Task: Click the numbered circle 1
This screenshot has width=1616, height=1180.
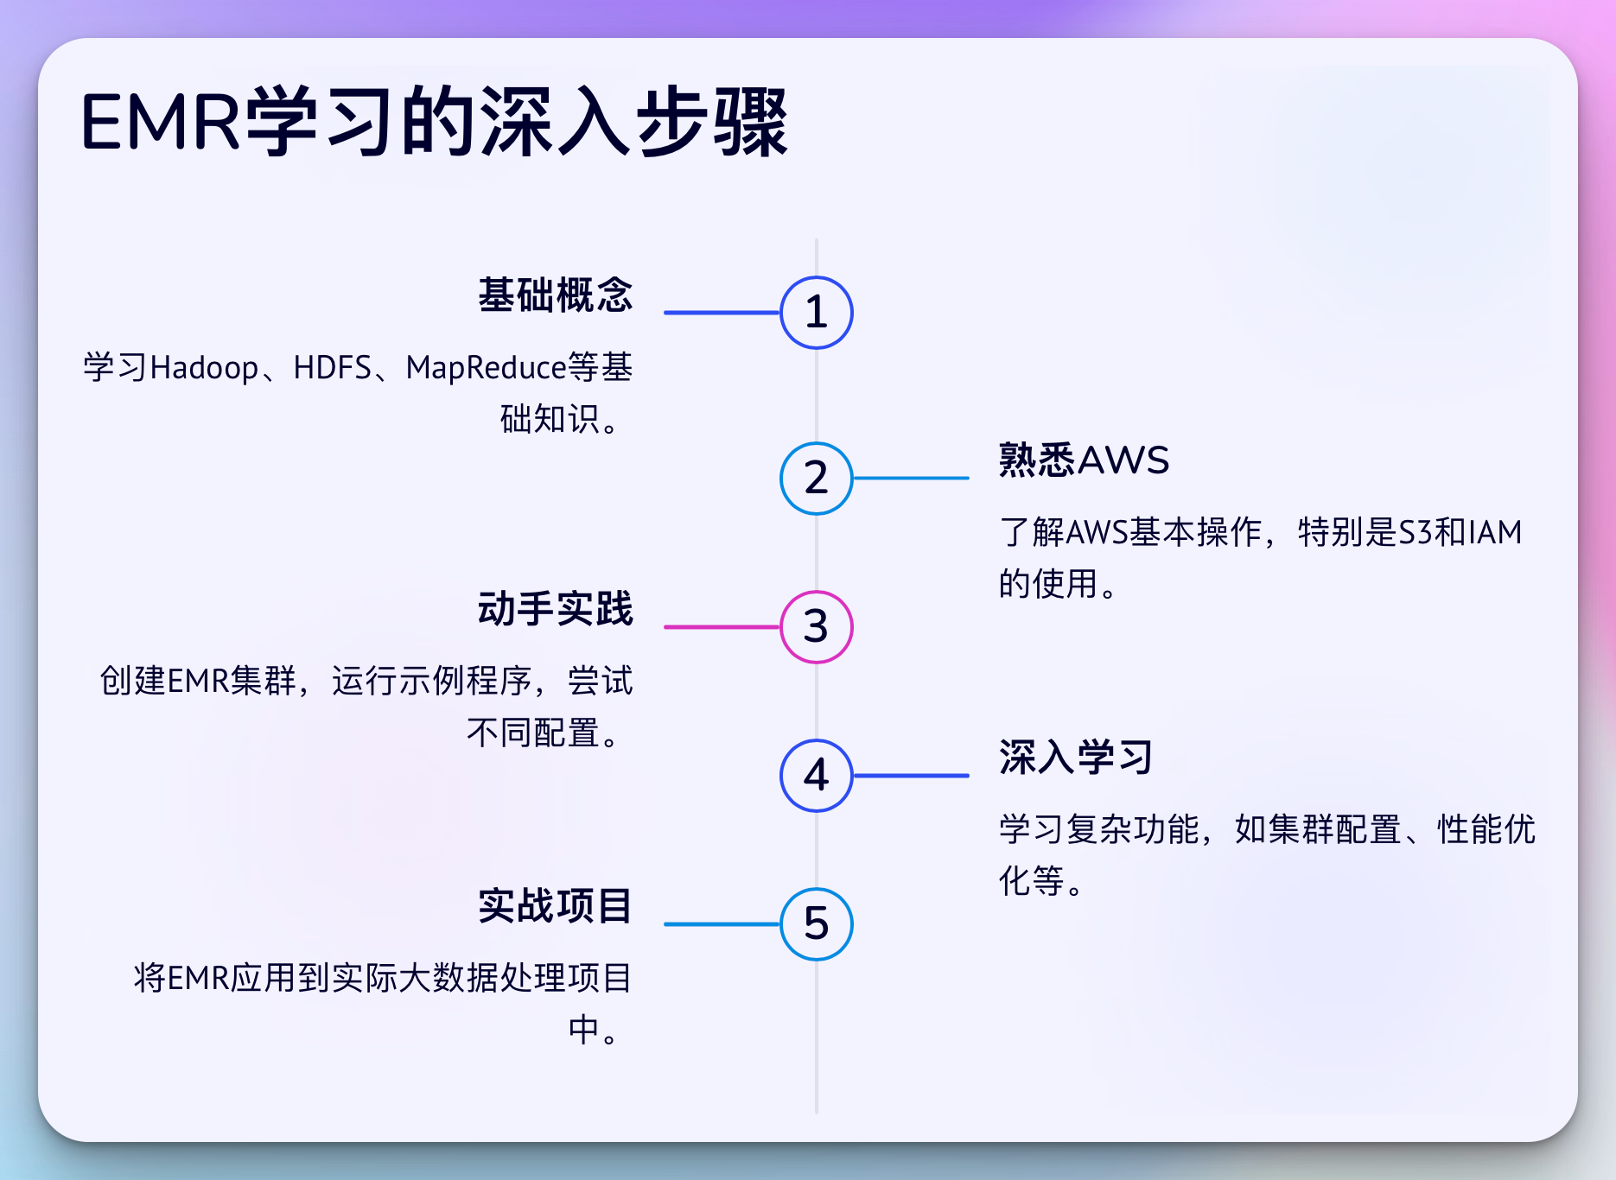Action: [x=816, y=313]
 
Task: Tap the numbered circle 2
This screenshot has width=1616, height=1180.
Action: [x=816, y=479]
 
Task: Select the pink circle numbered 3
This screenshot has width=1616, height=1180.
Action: [x=816, y=627]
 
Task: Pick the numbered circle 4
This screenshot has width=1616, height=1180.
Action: [x=816, y=776]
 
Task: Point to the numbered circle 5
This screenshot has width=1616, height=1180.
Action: [x=816, y=924]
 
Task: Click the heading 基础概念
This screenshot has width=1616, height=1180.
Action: [x=556, y=295]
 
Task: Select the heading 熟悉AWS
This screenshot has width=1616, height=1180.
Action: [x=1084, y=460]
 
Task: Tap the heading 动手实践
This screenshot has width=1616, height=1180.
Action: [x=556, y=609]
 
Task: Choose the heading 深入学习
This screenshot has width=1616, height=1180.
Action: [x=1076, y=758]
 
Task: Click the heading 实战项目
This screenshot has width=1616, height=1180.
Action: [x=556, y=906]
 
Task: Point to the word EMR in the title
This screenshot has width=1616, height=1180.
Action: [x=160, y=123]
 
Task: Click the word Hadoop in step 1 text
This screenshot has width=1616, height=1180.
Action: [x=205, y=369]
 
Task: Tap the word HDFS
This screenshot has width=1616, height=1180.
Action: [x=332, y=369]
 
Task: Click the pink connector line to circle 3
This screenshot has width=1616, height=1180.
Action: [x=722, y=627]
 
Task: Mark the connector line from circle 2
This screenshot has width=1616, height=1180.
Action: [x=911, y=478]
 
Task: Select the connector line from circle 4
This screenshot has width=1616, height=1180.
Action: [x=911, y=776]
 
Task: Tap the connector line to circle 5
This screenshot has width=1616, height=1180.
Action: [x=722, y=924]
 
